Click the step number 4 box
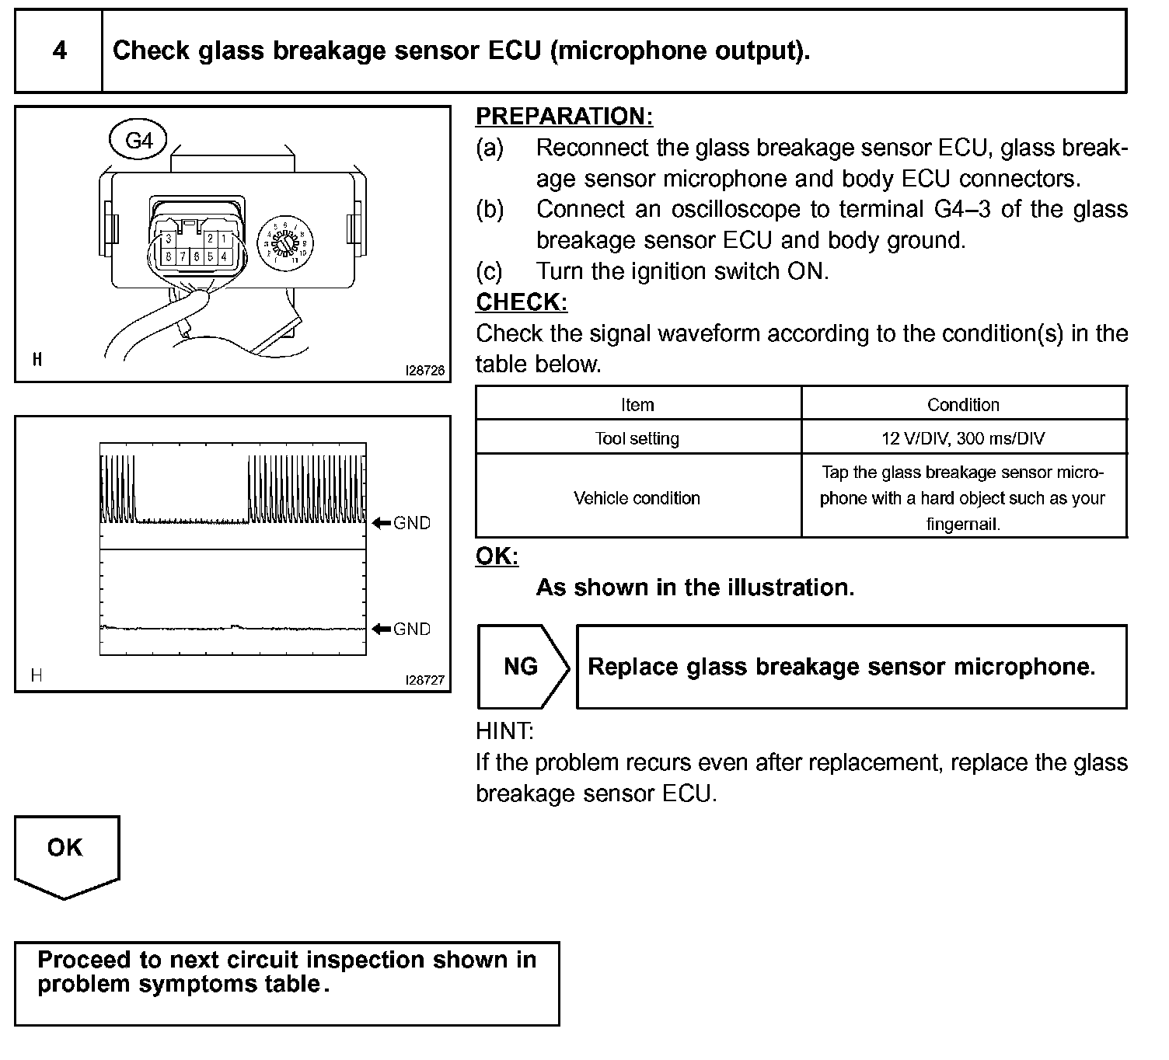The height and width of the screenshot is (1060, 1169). (59, 51)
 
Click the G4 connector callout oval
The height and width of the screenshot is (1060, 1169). (139, 141)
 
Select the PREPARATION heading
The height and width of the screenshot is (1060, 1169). (564, 117)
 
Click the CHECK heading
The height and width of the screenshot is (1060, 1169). (521, 302)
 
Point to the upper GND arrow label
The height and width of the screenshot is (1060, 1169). (402, 523)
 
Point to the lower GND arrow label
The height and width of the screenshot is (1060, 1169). (402, 629)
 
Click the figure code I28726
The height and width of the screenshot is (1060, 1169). (424, 371)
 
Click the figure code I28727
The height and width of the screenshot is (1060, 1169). (424, 680)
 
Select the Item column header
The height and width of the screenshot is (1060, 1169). (637, 405)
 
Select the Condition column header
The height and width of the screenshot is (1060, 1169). (963, 405)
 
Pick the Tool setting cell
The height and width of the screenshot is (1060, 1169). (637, 438)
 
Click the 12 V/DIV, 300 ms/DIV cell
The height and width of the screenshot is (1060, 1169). (963, 438)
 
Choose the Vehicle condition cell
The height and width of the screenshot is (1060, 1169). (637, 497)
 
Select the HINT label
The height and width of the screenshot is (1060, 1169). (504, 731)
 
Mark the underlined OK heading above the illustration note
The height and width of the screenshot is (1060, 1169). (496, 556)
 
